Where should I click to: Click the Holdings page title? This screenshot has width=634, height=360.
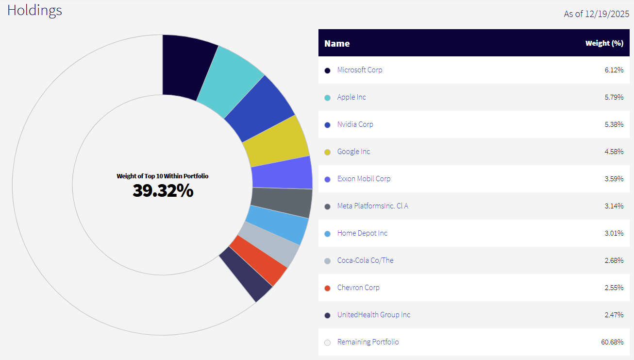point(34,10)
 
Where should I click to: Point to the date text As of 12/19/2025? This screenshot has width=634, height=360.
point(596,14)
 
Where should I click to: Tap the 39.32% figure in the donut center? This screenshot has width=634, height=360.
point(163,191)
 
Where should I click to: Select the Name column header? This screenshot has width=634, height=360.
point(337,43)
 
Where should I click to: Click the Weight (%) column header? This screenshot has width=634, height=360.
point(604,43)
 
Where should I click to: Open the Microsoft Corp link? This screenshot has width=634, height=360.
point(360,70)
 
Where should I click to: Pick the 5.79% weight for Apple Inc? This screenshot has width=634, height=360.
point(614,97)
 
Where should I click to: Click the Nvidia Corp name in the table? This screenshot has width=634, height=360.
point(355,124)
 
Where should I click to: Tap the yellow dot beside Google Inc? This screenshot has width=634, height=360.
point(327,152)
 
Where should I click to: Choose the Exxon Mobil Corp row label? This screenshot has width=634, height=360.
point(364,179)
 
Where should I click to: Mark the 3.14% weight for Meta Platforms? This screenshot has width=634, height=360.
point(614,206)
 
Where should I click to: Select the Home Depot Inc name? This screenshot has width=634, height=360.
point(362,233)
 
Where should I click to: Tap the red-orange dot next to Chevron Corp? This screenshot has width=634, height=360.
point(327,288)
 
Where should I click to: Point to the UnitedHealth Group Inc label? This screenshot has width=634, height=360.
point(374,315)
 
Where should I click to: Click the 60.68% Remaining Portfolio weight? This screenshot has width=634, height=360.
point(612,342)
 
